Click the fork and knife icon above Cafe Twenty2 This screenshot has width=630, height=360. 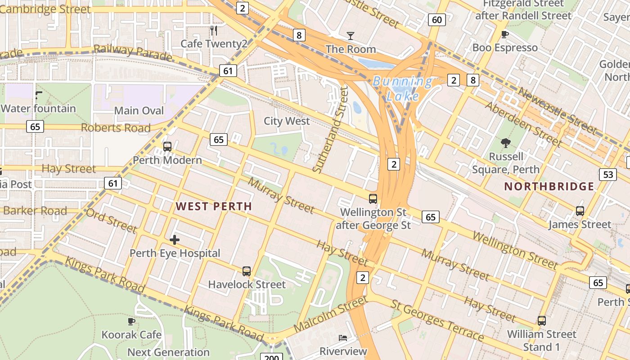(214, 31)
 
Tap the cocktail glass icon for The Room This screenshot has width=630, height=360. (351, 36)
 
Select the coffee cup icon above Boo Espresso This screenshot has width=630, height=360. (505, 34)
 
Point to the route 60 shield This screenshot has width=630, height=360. (437, 19)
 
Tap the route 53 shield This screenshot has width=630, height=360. (608, 175)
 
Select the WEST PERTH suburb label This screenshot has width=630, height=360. (214, 207)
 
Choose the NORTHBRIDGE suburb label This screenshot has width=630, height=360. (549, 186)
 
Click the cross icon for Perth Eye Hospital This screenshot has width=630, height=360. (175, 240)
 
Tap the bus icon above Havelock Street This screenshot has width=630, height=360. (246, 271)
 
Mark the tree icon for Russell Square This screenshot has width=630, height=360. (506, 143)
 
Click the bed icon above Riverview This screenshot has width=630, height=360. (343, 337)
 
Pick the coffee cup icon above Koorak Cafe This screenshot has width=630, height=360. (131, 321)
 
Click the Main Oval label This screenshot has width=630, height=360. (139, 110)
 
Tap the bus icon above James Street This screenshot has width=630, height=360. (580, 211)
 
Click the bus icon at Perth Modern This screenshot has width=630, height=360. (167, 146)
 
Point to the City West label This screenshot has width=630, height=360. (287, 121)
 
